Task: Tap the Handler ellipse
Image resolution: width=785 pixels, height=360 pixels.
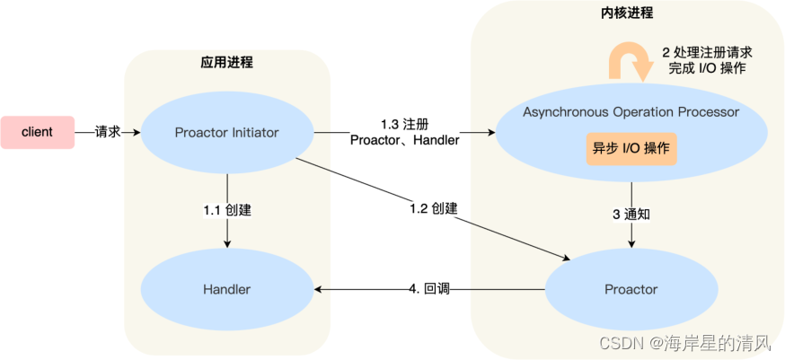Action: (x=226, y=289)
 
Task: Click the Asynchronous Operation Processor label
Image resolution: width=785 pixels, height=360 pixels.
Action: (x=631, y=112)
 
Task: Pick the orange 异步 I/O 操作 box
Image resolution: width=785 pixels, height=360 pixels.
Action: (x=631, y=148)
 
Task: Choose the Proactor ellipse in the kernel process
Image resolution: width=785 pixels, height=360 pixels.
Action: (x=631, y=289)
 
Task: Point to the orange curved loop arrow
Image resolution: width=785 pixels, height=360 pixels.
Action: (x=631, y=61)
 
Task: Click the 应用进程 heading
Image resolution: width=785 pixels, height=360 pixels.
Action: (x=226, y=63)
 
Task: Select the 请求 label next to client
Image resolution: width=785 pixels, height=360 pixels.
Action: (x=108, y=132)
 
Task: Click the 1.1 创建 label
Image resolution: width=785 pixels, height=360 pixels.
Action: (x=226, y=209)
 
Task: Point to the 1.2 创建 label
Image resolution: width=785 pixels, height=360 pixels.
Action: (x=433, y=208)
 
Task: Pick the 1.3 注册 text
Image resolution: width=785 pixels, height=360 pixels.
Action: (x=403, y=122)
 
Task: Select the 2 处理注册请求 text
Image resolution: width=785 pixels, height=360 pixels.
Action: (x=706, y=52)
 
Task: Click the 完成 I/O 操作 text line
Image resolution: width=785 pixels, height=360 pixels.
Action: (x=706, y=68)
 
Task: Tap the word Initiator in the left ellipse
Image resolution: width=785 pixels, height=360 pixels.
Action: (x=254, y=132)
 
